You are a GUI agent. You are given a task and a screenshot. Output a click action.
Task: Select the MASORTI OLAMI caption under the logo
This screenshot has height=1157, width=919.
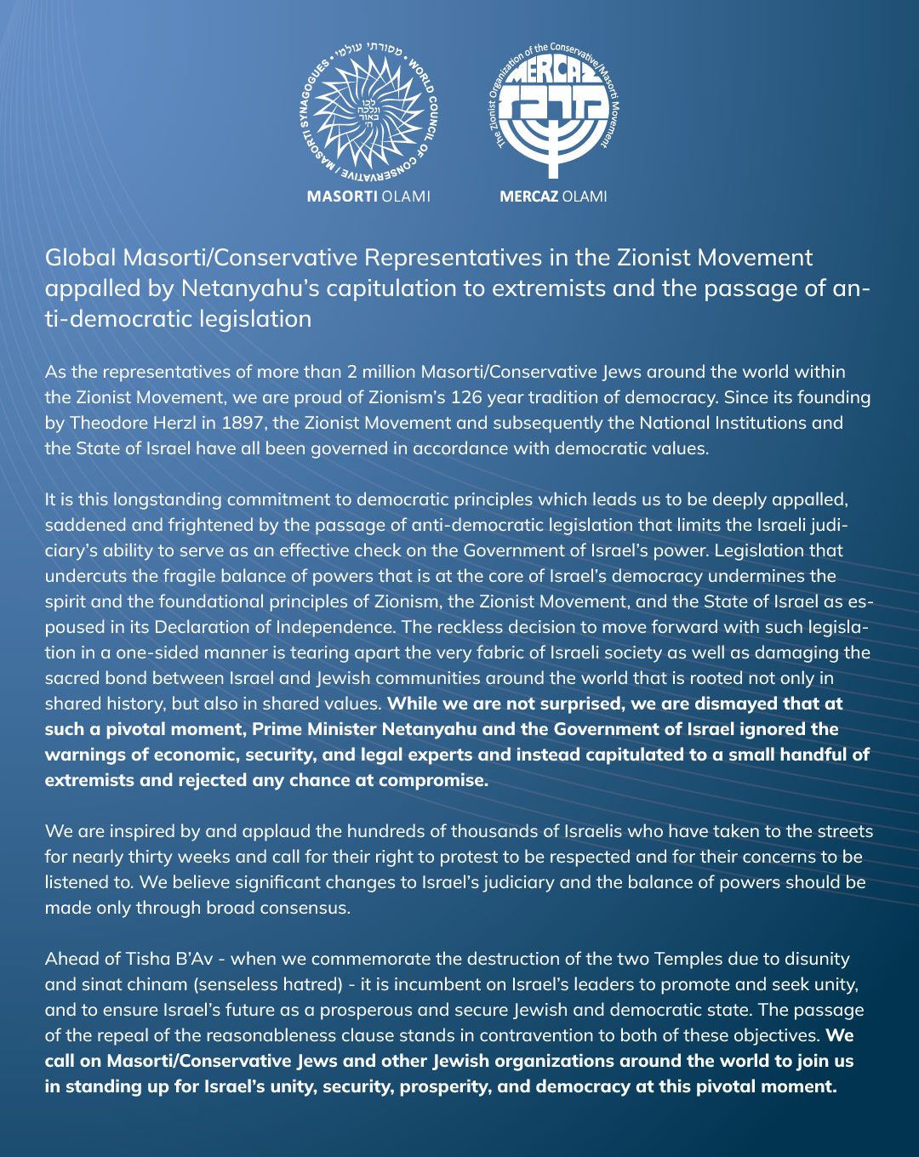click(368, 197)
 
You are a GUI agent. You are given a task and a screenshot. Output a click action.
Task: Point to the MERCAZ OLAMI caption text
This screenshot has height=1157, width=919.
click(553, 197)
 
